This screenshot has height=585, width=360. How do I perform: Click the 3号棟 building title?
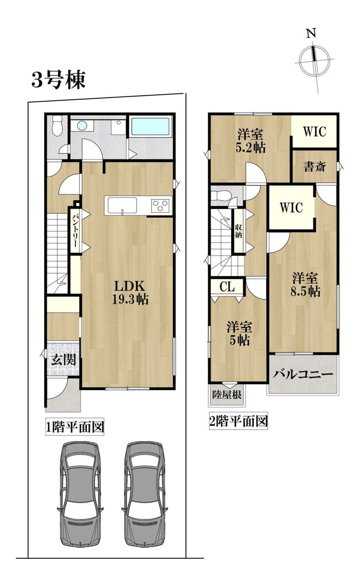[x=58, y=80]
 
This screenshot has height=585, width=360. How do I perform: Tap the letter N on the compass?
[x=311, y=34]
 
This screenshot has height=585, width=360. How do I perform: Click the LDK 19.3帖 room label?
[x=130, y=292]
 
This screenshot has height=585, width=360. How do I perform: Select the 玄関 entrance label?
[x=63, y=359]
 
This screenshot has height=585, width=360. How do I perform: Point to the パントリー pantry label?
[x=75, y=230]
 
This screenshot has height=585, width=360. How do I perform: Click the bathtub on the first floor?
[x=150, y=127]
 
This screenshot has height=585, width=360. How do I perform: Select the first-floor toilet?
[x=57, y=126]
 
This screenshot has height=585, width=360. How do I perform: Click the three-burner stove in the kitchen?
[x=161, y=206]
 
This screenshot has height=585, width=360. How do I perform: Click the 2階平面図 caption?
[x=238, y=421]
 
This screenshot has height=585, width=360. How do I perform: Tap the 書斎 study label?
[x=314, y=167]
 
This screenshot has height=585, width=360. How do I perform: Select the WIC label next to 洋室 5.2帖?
[x=315, y=131]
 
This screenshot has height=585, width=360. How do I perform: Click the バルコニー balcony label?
[x=303, y=375]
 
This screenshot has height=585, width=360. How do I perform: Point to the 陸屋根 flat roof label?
[x=227, y=394]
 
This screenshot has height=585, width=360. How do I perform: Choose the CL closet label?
[x=227, y=287]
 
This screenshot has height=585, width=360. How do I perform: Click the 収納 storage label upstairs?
[x=238, y=231]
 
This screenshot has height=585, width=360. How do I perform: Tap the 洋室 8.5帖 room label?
[x=306, y=284]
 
